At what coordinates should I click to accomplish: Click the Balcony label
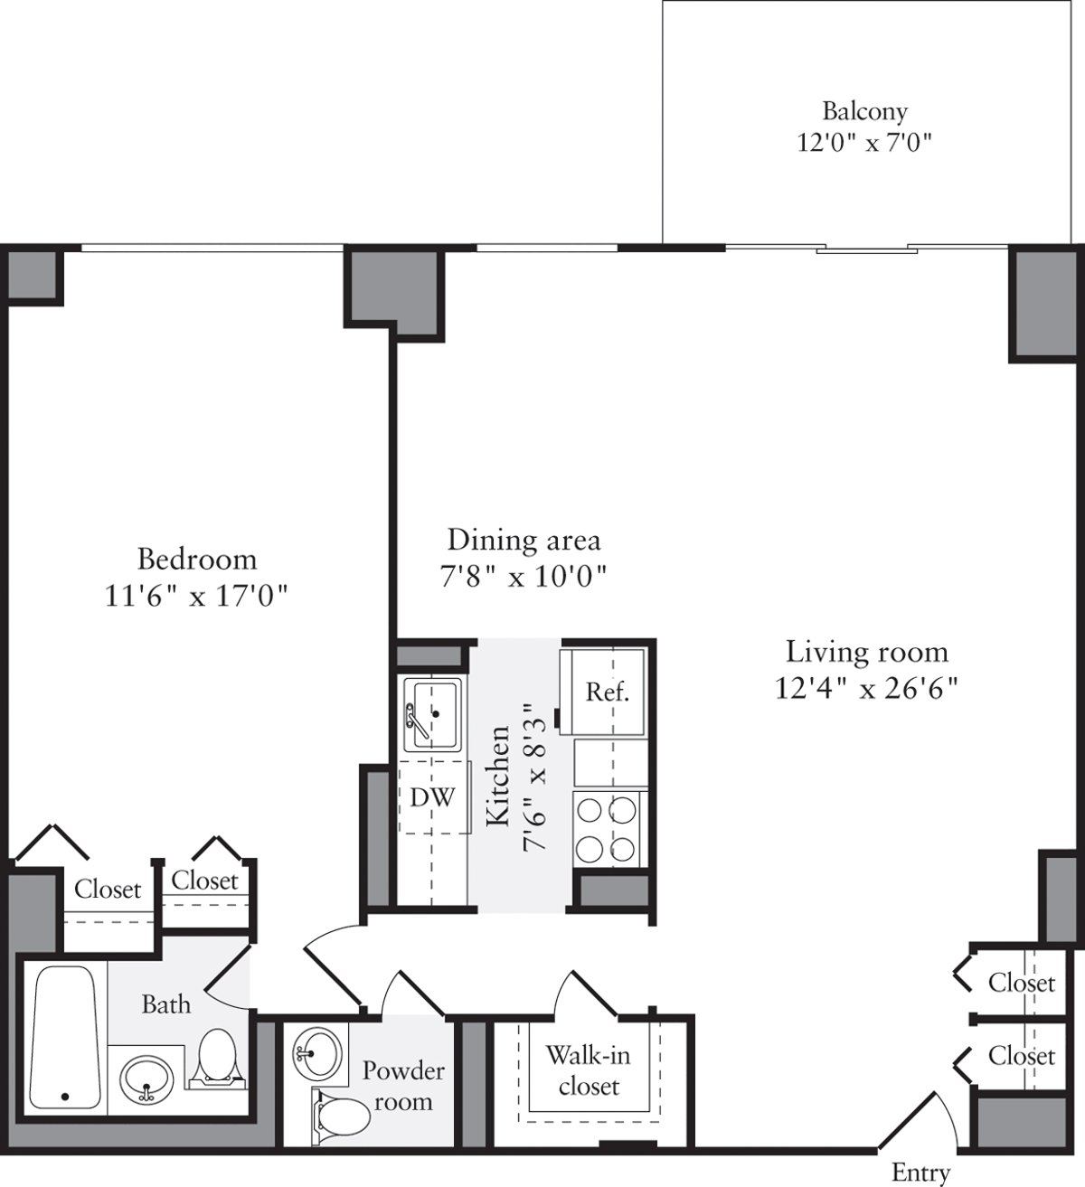(x=863, y=111)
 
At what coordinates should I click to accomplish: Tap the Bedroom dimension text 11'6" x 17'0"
(x=196, y=596)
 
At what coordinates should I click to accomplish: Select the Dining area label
(x=524, y=540)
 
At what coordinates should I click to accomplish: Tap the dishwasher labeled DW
(x=432, y=797)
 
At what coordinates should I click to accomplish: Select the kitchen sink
(x=433, y=714)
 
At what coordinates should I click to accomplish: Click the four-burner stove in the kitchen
(x=608, y=828)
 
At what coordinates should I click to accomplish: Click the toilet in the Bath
(x=216, y=1057)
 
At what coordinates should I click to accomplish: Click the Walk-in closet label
(x=588, y=1070)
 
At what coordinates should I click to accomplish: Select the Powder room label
(x=403, y=1086)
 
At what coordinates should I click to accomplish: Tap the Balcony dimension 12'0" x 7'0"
(x=863, y=143)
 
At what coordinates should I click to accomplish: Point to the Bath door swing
(x=226, y=976)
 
